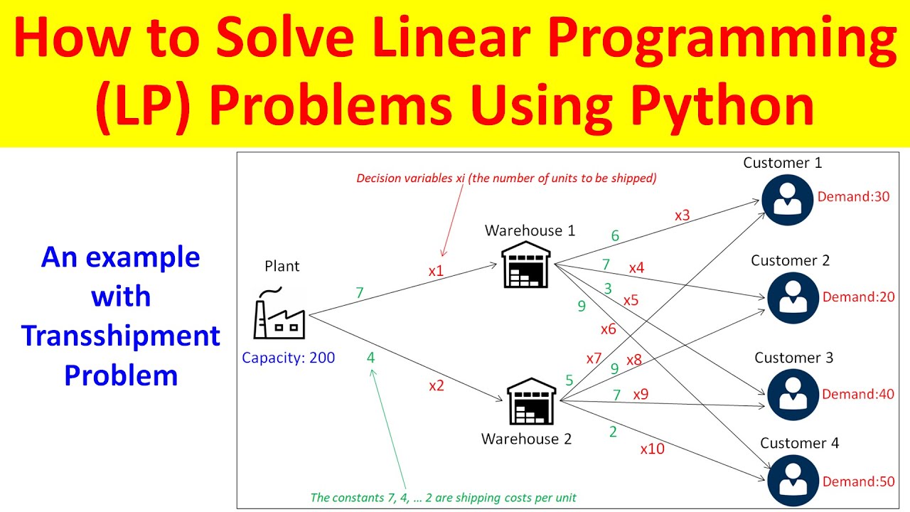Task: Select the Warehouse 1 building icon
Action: pos(526,264)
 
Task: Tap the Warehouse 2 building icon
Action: pos(531,402)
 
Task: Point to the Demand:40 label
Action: pos(858,394)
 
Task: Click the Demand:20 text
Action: pos(858,297)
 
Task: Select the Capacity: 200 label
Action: pos(288,358)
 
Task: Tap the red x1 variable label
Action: pos(436,271)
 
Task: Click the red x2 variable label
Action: pos(436,386)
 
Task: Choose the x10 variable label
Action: pos(652,449)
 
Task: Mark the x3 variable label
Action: pos(682,215)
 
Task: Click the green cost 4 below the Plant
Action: pos(370,358)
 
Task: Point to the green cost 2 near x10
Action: pos(613,431)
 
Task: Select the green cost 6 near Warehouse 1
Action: pos(615,236)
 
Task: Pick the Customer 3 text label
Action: pos(793,358)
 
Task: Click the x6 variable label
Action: pos(608,329)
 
